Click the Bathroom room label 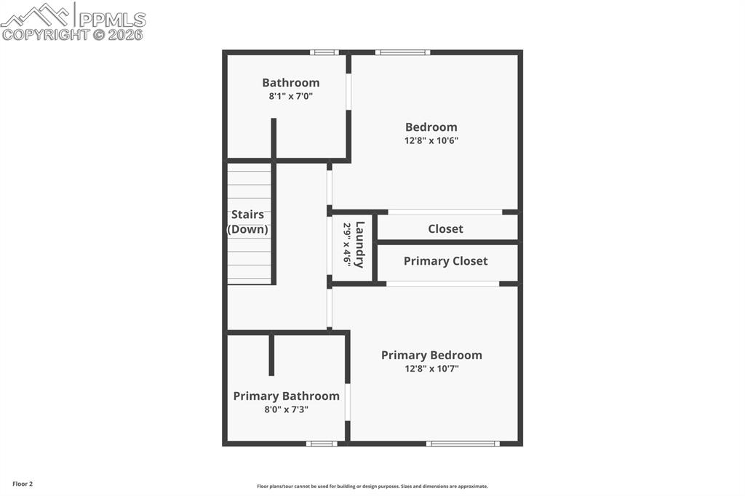tap(290, 83)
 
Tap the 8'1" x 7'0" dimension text tap(290, 96)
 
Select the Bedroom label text tap(431, 127)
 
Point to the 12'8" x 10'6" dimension tap(431, 140)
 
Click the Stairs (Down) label tap(247, 222)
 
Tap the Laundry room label tap(359, 244)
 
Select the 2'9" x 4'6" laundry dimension tap(347, 244)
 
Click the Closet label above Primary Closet tap(445, 228)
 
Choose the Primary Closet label tap(445, 261)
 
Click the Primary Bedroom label tap(431, 355)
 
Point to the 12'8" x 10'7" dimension tap(431, 369)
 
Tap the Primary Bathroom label tap(286, 396)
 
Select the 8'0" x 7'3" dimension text tap(286, 409)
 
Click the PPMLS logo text tap(112, 19)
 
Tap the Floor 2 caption tap(23, 484)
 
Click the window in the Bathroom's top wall tap(324, 52)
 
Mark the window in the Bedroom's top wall tap(402, 52)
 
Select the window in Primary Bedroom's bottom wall tap(463, 443)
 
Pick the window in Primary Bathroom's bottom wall tap(321, 443)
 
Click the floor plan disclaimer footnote tap(372, 487)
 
